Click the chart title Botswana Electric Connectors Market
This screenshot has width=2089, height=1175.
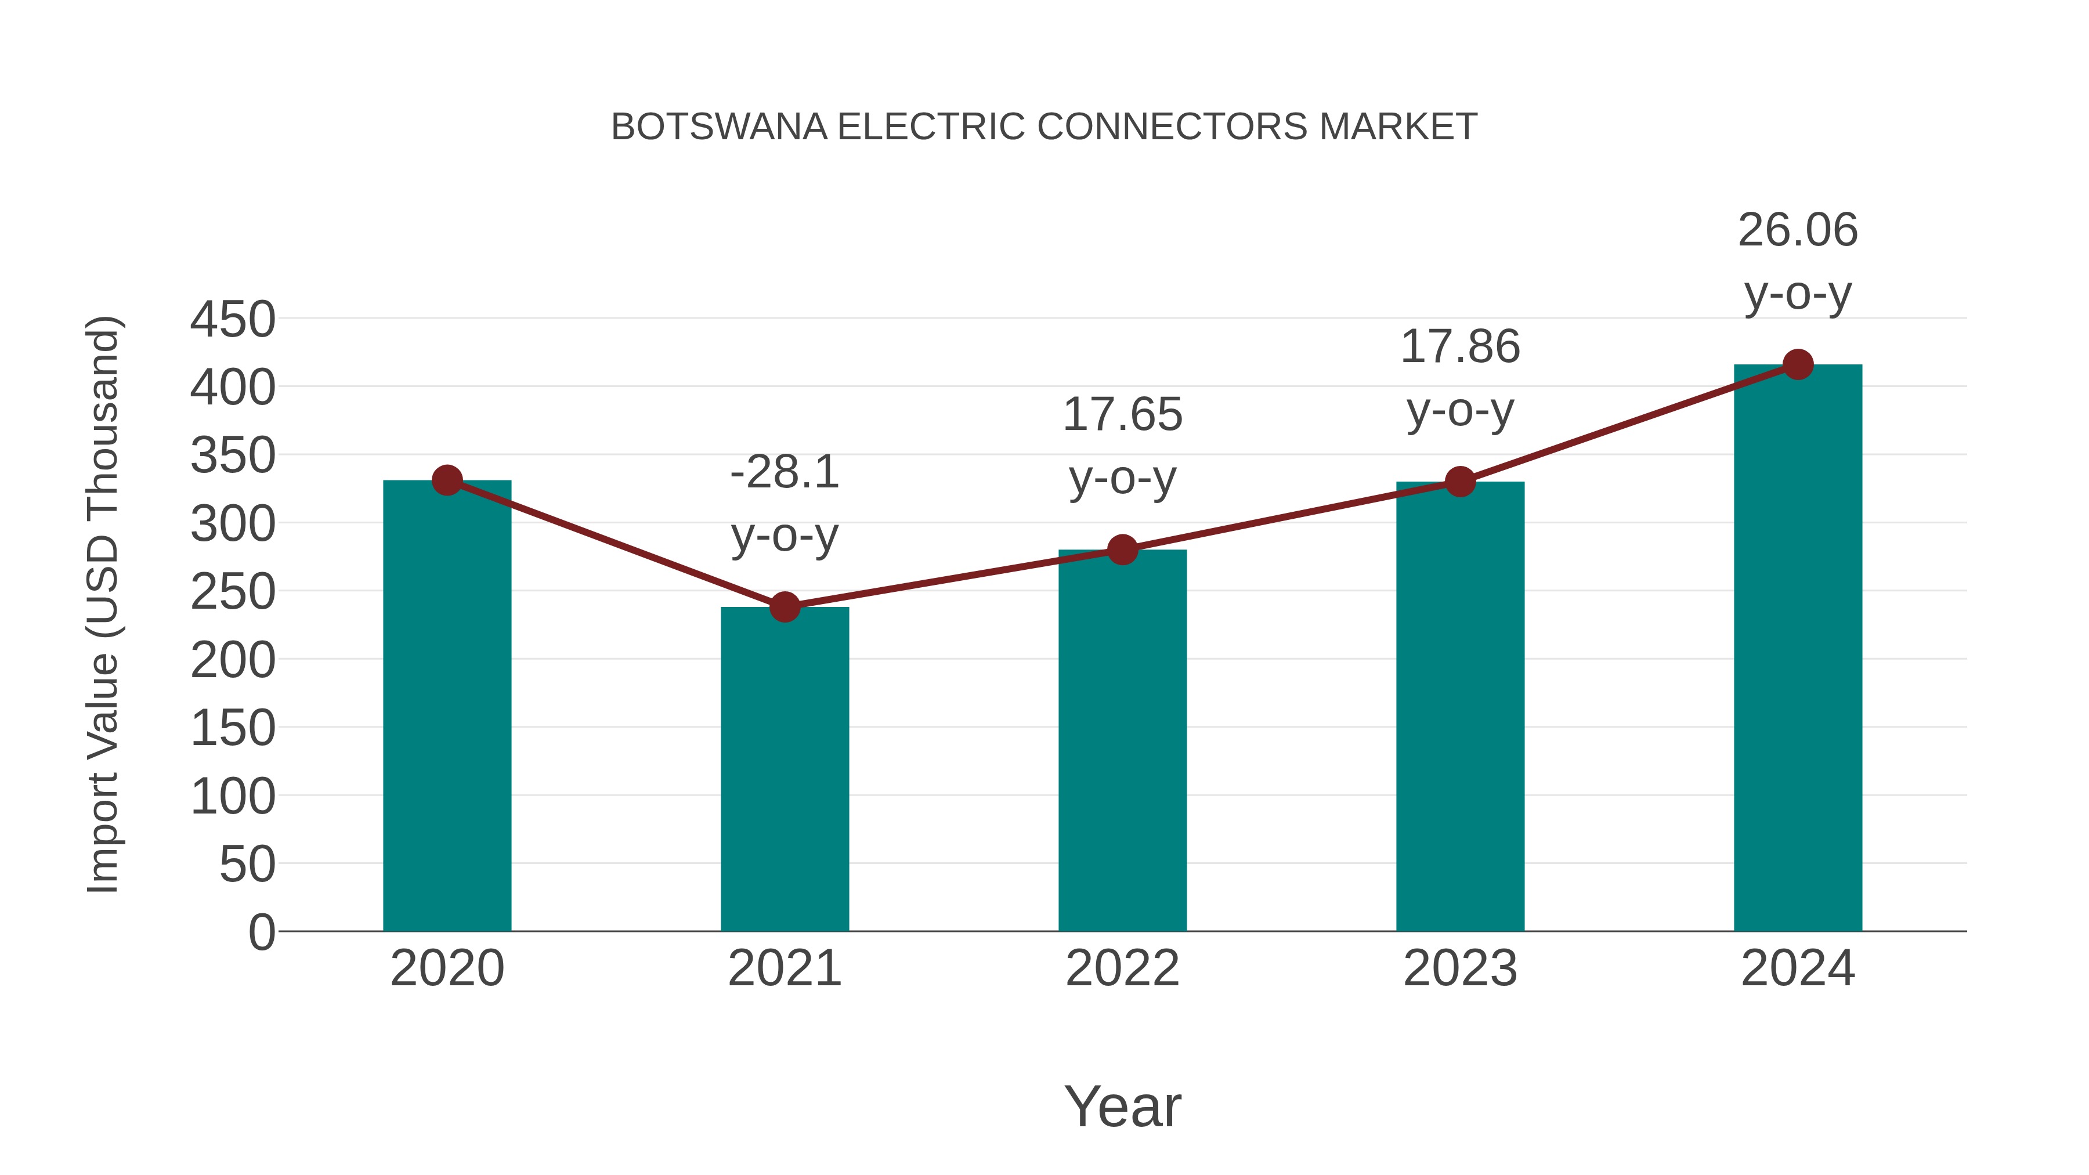coord(1044,127)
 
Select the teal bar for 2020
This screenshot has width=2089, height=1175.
coord(447,706)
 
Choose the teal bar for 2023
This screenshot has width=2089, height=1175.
coord(1460,706)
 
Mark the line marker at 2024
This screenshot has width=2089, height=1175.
coord(1798,365)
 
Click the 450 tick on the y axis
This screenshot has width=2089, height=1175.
coord(233,320)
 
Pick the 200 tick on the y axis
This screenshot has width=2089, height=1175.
coord(233,660)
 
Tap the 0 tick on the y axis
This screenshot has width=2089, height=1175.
coord(261,932)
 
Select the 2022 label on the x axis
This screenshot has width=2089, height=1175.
coord(1122,968)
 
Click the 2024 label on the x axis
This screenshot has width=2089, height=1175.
coord(1798,968)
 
